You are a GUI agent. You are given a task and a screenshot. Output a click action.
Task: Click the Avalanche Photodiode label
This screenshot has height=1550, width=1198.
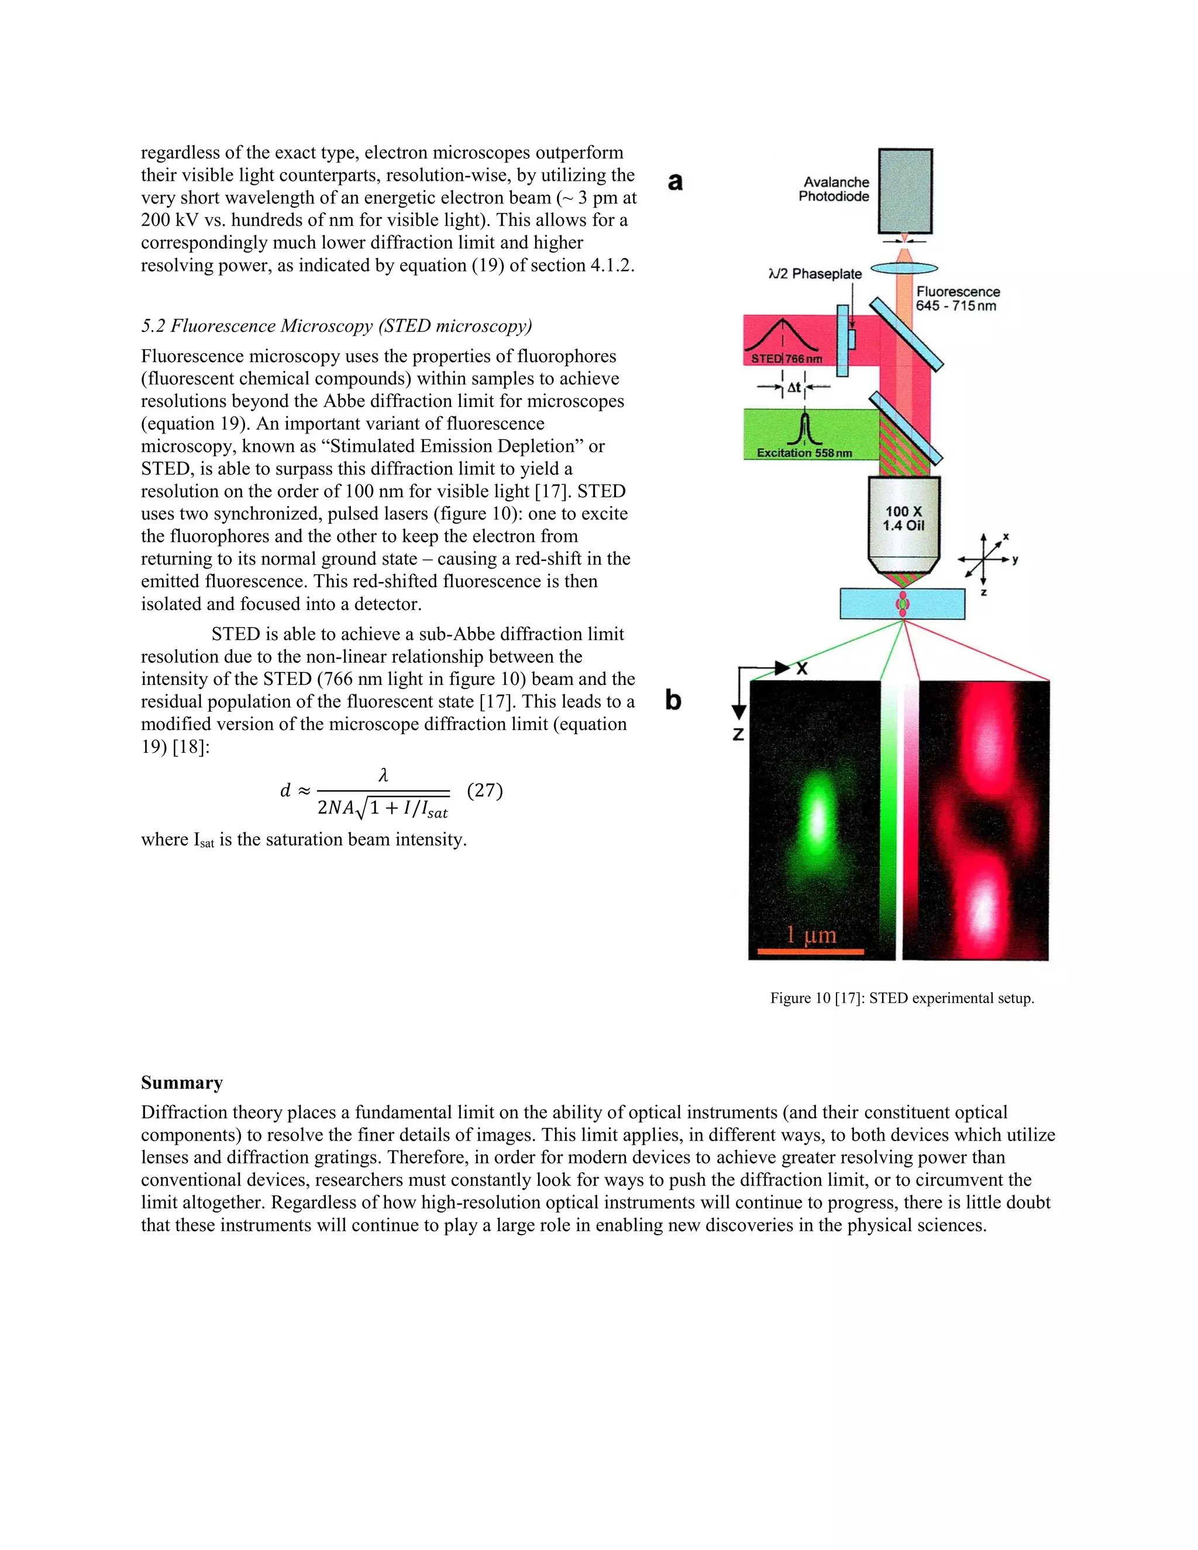point(834,190)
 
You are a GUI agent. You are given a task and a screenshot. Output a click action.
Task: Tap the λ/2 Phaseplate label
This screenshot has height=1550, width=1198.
point(815,274)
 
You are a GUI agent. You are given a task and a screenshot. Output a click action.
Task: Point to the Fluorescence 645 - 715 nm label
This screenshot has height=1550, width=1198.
point(958,299)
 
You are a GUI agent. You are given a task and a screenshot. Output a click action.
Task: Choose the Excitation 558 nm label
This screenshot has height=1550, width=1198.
point(804,453)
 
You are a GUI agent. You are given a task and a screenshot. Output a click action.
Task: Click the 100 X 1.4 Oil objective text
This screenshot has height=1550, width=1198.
point(903,518)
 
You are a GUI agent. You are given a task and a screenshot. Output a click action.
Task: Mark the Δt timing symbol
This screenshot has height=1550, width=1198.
point(793,387)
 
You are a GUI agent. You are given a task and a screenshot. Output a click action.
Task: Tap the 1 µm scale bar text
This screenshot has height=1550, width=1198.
point(811,935)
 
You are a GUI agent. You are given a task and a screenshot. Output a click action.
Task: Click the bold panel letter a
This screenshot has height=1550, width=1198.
point(675,182)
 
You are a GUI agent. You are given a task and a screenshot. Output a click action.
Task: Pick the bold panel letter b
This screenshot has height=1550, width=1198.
point(673,701)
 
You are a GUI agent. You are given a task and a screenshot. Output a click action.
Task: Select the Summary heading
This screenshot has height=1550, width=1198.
point(182,1082)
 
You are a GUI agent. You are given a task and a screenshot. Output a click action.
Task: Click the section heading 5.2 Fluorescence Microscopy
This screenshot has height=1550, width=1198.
point(336,326)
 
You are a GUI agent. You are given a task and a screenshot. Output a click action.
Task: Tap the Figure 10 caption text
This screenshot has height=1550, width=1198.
point(902,998)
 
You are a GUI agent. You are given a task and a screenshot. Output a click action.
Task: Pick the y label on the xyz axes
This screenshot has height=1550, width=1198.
point(1015,560)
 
